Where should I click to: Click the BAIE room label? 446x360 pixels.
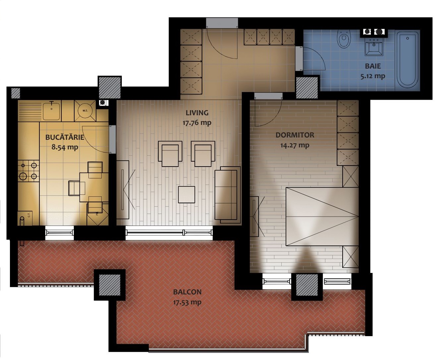coord(372,66)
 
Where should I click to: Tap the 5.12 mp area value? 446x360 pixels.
coord(372,76)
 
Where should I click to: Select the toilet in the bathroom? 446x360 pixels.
coord(344,39)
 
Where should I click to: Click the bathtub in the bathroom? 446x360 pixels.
coord(407,60)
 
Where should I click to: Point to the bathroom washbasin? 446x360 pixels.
coord(374,47)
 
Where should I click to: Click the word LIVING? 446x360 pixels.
coord(197,113)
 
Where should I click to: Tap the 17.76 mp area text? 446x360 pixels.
coord(197,123)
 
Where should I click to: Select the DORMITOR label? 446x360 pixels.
coord(295,135)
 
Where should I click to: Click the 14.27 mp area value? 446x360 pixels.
coord(295,145)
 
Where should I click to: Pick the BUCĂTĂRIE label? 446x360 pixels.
coord(65,137)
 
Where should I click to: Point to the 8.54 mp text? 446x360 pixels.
coord(65,147)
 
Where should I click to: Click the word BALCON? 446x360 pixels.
coord(187,292)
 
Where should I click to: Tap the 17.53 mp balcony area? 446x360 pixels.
coord(187,302)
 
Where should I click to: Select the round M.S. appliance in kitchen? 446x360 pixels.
coord(85,111)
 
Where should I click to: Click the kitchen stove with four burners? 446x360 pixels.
coord(28,171)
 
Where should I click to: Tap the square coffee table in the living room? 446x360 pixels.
coord(186,194)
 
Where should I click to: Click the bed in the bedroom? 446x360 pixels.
coord(322,216)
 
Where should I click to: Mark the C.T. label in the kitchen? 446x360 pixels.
coord(29,215)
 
